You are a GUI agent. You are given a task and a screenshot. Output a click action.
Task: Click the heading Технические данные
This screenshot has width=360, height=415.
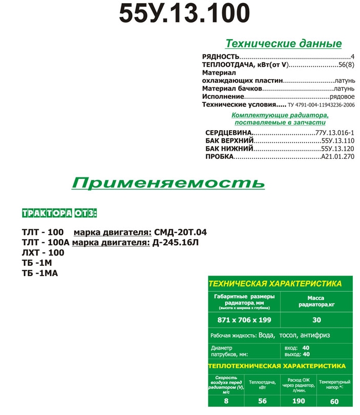[283, 43]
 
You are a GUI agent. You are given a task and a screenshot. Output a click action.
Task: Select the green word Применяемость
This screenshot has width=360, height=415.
[168, 183]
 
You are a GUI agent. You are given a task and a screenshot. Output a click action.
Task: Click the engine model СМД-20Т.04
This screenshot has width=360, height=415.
[176, 232]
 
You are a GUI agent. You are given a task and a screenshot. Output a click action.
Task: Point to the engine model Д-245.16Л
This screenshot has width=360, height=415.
[175, 242]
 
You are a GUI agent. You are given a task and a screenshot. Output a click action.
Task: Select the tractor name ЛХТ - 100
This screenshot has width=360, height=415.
[43, 252]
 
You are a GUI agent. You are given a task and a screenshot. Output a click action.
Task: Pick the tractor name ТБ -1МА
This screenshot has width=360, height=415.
[40, 273]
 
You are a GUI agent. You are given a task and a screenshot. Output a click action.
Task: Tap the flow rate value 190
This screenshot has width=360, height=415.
[298, 401]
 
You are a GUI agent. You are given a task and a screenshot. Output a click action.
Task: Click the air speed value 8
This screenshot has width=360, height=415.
[226, 401]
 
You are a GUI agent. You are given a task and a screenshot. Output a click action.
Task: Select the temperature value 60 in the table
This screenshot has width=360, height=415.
[334, 401]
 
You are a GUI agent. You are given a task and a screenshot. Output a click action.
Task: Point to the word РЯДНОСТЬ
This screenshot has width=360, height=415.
[221, 56]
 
